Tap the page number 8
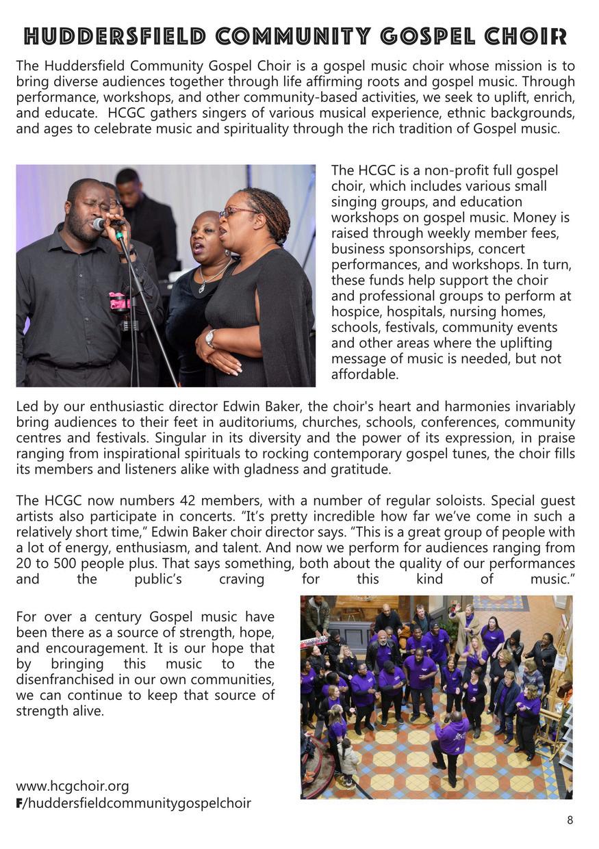click(570, 820)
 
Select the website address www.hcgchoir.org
click(72, 786)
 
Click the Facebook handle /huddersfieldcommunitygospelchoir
click(136, 803)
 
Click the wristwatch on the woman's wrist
click(210, 337)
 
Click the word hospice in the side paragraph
click(356, 311)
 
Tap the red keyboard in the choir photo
click(313, 641)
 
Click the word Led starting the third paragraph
click(27, 407)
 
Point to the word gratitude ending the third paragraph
click(358, 469)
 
